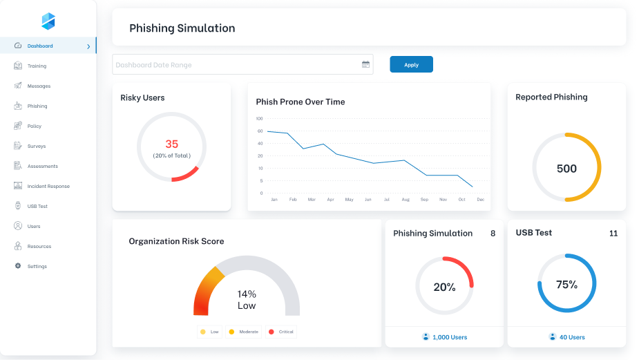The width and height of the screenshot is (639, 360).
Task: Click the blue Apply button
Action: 411,64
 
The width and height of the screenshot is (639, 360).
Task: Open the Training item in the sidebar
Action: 37,66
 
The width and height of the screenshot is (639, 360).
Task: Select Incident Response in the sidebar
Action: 48,187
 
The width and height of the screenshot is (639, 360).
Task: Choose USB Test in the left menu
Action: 37,207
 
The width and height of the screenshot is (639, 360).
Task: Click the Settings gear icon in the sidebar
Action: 18,266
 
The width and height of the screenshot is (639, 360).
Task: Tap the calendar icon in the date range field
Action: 365,64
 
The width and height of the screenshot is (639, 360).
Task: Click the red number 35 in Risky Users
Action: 171,144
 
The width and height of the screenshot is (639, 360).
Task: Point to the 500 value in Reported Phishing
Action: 566,169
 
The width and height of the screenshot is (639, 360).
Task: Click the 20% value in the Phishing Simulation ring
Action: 444,287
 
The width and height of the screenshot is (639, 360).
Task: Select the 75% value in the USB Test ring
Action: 566,284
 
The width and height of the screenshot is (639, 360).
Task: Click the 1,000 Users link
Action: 449,337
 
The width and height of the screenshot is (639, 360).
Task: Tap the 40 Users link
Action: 571,337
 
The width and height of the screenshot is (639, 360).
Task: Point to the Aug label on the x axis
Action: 406,200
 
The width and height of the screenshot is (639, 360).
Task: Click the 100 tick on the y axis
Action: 260,118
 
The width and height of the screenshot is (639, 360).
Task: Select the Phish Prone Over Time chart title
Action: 300,102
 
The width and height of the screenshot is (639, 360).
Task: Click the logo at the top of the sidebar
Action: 48,21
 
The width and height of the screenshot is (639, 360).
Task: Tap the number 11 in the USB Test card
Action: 613,234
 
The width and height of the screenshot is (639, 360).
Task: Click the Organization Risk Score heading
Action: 176,241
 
